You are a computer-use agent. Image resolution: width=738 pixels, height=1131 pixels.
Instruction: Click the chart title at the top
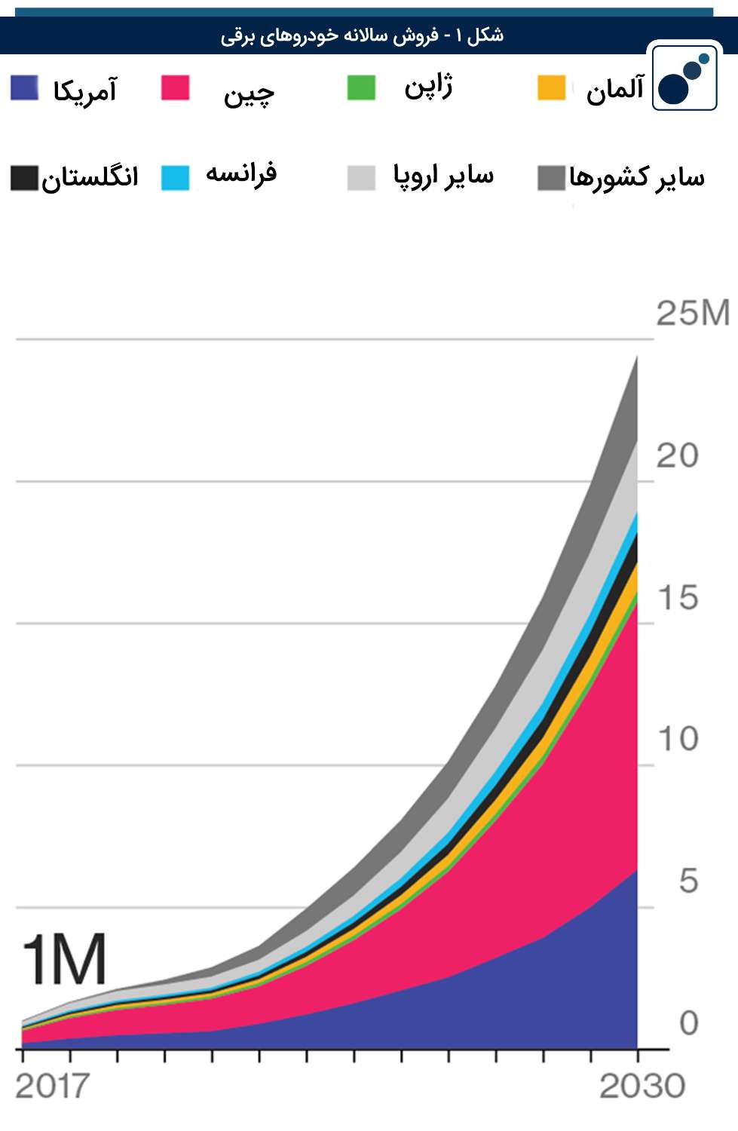[362, 35]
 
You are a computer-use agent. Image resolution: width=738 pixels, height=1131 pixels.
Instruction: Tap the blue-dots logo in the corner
[684, 78]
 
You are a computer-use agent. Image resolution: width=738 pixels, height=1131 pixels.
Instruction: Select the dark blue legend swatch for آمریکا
[24, 88]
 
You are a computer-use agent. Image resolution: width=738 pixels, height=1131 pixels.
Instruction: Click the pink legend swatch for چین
[176, 87]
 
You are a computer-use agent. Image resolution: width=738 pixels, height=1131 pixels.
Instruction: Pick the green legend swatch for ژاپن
[361, 87]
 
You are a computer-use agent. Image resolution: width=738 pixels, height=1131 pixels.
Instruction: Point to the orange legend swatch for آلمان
[551, 87]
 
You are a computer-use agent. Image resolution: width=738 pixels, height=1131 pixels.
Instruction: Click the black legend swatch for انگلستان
[24, 178]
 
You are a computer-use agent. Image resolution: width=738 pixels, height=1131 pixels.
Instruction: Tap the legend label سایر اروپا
[443, 176]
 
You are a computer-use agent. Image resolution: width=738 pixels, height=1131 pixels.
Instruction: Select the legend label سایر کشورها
[637, 178]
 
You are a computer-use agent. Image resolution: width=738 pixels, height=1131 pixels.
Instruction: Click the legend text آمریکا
[84, 90]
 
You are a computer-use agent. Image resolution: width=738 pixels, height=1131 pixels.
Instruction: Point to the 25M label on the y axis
[693, 313]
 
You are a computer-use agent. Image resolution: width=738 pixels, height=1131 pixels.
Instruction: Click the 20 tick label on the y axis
[677, 455]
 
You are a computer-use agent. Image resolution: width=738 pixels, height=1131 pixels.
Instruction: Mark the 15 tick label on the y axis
[677, 598]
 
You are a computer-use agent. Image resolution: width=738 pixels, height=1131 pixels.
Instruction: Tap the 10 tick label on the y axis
[677, 739]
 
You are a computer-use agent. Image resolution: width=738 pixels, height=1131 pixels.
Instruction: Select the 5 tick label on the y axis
[687, 881]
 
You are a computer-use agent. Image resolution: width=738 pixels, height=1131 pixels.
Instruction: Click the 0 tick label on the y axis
[687, 1023]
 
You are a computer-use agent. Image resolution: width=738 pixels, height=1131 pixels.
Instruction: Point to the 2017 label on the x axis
[52, 1087]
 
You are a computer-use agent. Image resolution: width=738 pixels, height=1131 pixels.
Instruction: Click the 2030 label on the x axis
[642, 1087]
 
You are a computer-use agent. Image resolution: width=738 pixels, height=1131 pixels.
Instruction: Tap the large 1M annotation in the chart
[65, 960]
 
